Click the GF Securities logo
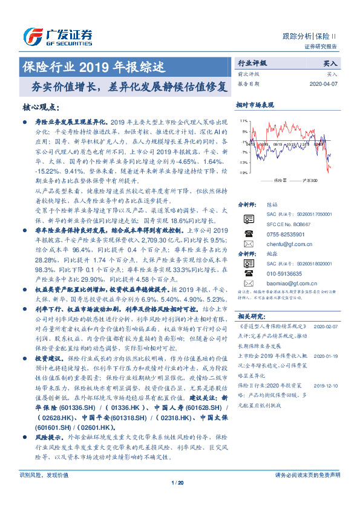tap(57, 37)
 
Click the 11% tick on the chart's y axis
tap(243, 121)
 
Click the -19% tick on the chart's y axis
tap(243, 173)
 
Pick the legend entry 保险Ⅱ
tap(278, 181)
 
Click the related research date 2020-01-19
tap(327, 357)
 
